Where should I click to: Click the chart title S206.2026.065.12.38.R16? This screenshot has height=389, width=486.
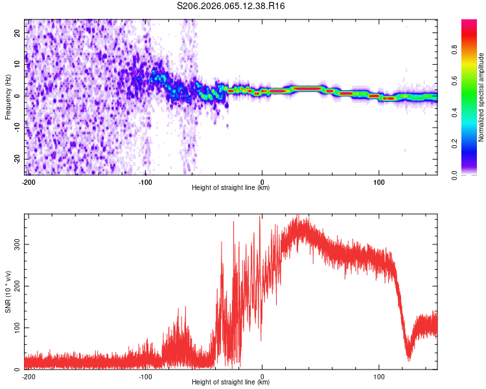click(x=231, y=6)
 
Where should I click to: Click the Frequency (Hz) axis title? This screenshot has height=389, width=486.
click(x=8, y=97)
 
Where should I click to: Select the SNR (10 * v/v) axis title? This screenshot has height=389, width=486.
click(x=8, y=292)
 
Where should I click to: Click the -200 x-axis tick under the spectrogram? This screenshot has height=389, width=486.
click(x=29, y=182)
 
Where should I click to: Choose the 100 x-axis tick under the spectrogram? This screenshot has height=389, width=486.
click(x=379, y=182)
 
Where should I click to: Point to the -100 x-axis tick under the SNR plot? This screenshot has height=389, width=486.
click(x=146, y=376)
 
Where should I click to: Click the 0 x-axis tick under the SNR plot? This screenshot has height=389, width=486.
click(x=262, y=376)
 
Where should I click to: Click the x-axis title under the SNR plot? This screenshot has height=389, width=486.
click(x=231, y=383)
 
